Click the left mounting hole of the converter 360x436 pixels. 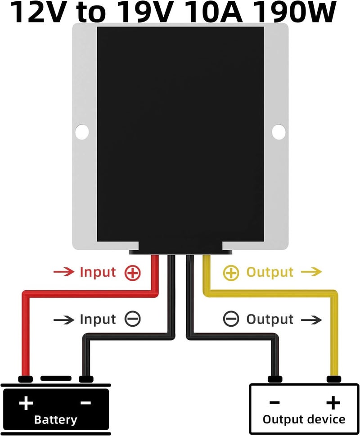click(x=82, y=131)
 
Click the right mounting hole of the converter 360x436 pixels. click(x=279, y=131)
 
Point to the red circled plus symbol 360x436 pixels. click(x=133, y=273)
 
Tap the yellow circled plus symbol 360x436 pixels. click(x=231, y=273)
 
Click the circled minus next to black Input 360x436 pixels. click(x=133, y=319)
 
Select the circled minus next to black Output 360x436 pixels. click(x=231, y=319)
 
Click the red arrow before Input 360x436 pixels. click(x=63, y=272)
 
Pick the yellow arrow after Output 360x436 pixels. click(x=311, y=272)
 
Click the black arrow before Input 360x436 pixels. click(x=63, y=320)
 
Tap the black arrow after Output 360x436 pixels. click(x=311, y=320)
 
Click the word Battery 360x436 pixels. click(x=56, y=420)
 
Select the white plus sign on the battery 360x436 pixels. click(x=26, y=403)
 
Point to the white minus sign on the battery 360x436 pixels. click(x=85, y=403)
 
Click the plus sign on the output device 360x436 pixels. click(x=333, y=402)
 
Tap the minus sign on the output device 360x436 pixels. click(x=274, y=402)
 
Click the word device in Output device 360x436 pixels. click(x=325, y=419)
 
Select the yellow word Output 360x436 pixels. click(x=270, y=272)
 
